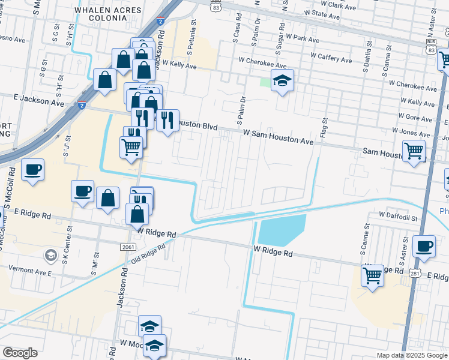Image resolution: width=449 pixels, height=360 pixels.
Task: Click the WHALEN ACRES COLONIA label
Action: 108,14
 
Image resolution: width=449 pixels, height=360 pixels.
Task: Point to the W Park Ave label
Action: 303,38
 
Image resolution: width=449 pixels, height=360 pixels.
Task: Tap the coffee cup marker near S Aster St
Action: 424,245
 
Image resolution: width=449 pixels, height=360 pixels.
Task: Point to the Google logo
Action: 20,353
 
